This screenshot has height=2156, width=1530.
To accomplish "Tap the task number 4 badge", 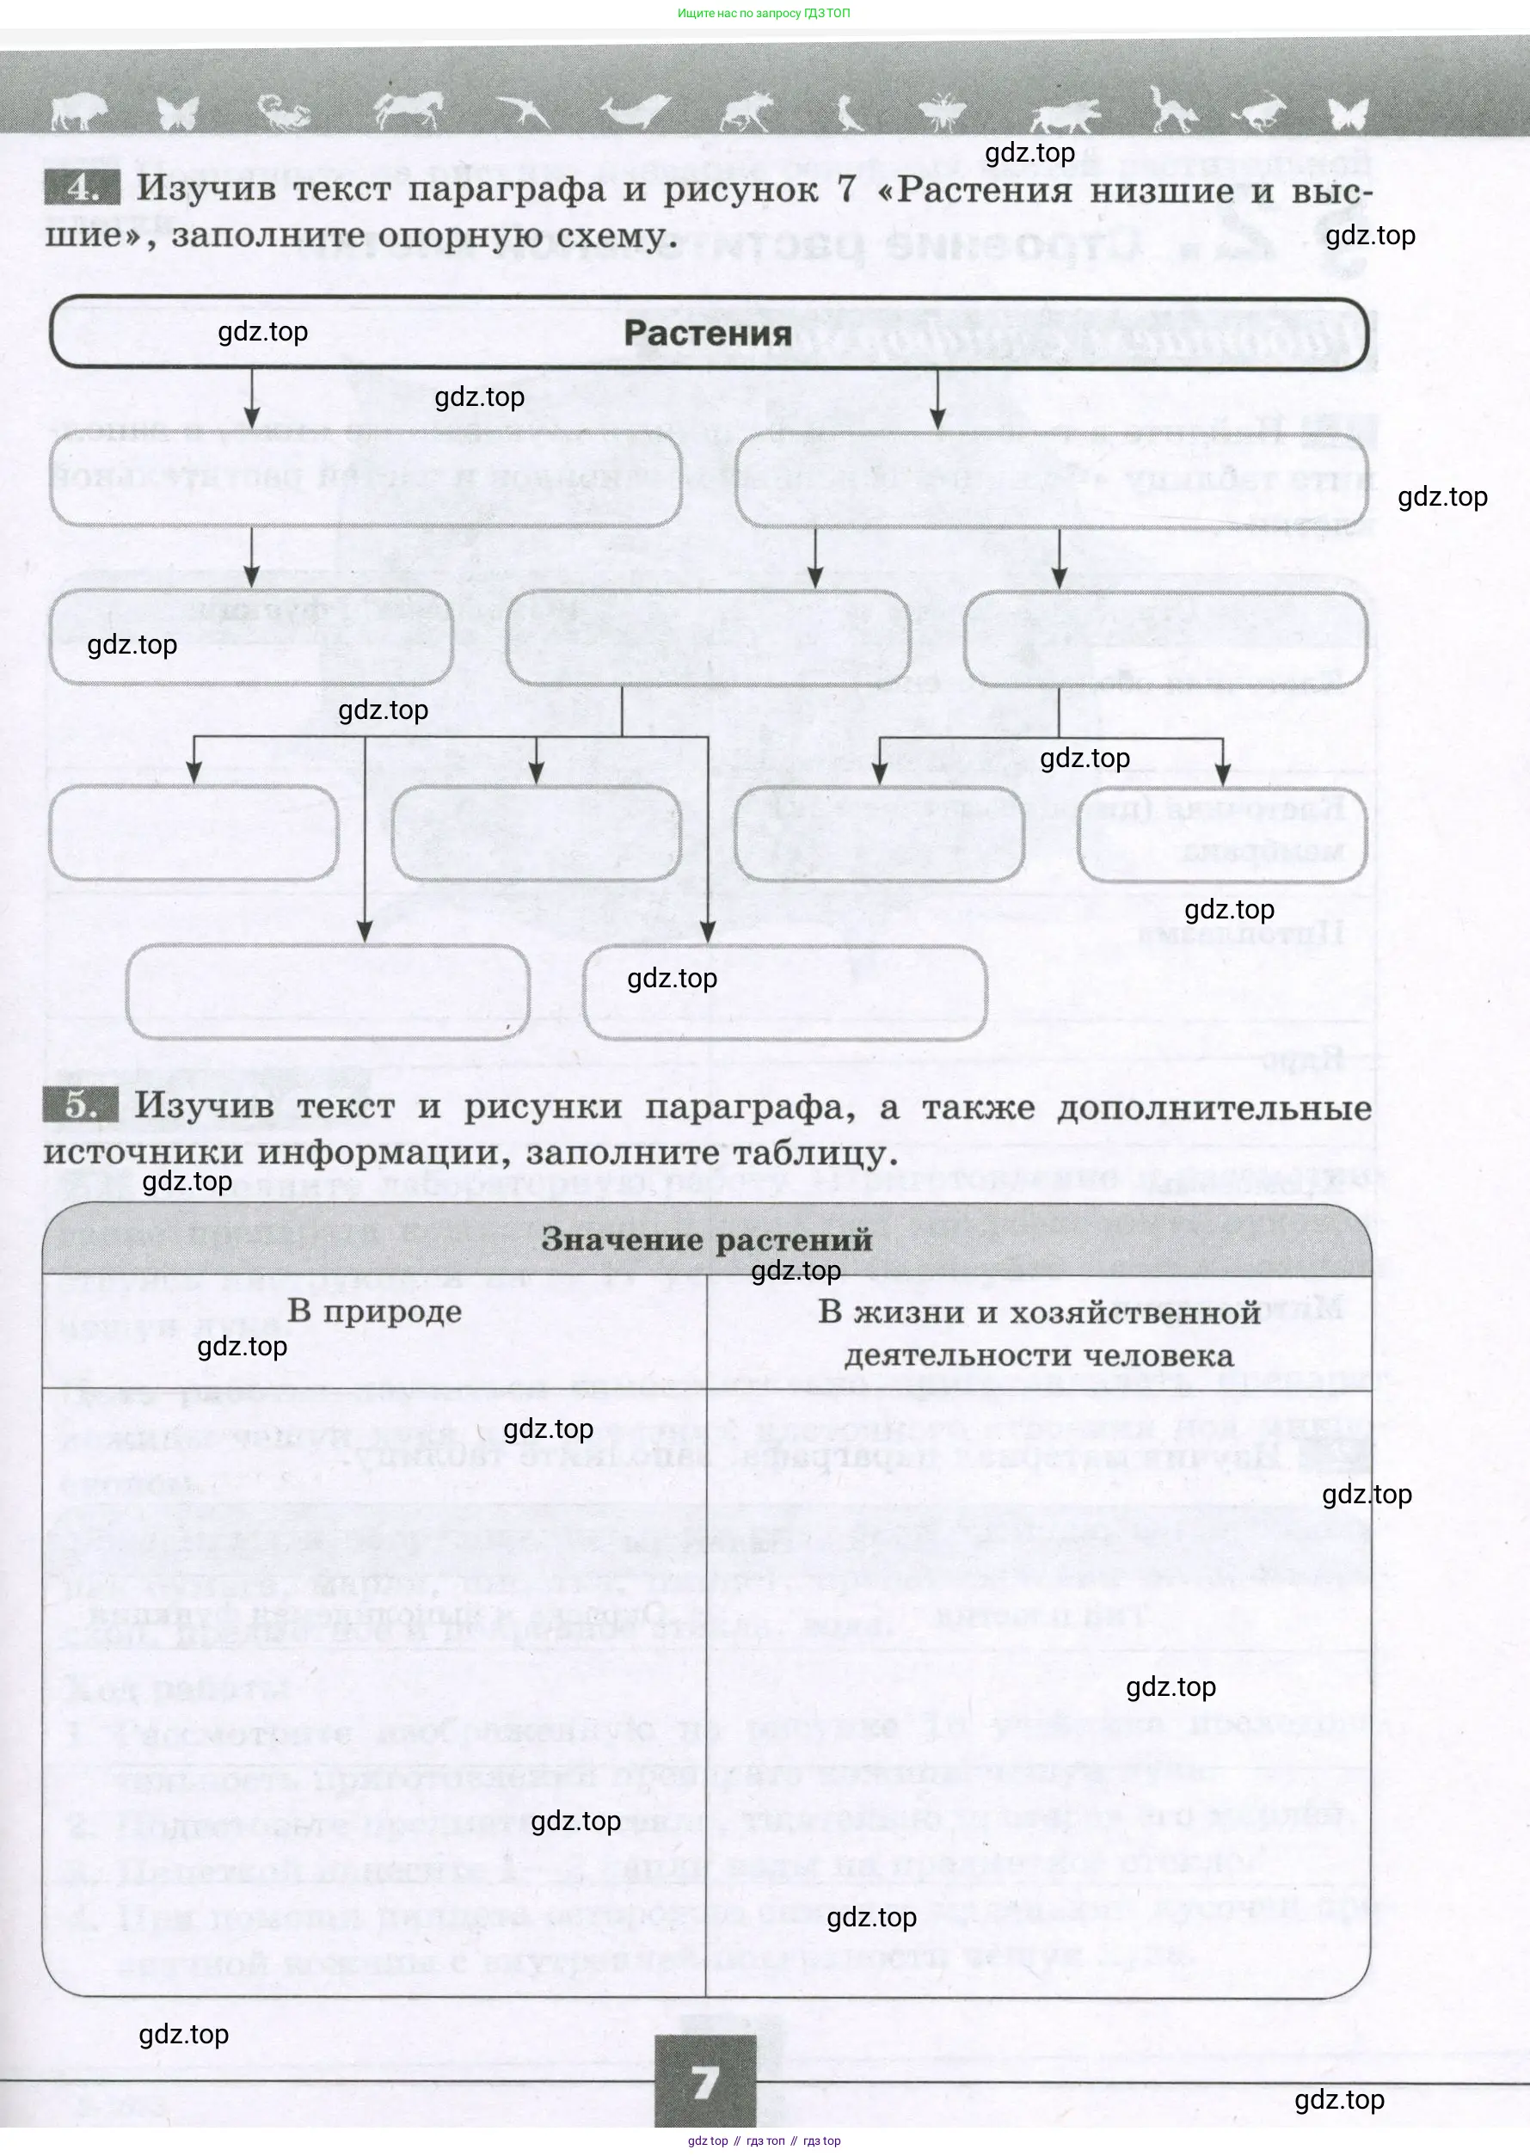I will [83, 188].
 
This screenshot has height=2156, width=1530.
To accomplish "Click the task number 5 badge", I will [81, 1105].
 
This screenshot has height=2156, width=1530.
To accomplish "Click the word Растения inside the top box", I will [708, 334].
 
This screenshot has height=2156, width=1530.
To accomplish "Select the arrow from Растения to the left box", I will [251, 399].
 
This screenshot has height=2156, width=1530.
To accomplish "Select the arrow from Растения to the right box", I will [937, 399].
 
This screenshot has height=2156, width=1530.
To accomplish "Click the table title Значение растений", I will [707, 1239].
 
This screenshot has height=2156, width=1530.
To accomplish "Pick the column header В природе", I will [374, 1311].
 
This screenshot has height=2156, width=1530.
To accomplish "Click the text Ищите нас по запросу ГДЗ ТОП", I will [763, 13].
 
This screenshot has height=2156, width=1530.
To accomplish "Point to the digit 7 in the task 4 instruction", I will [847, 188].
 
